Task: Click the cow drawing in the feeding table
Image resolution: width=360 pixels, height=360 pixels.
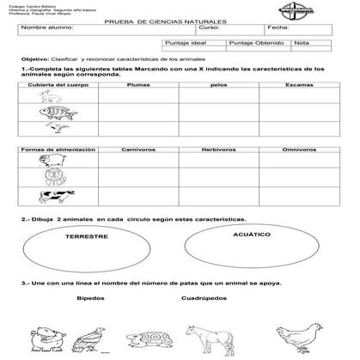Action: pos(48,197)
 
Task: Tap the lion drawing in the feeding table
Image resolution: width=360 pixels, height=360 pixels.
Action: pos(48,178)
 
